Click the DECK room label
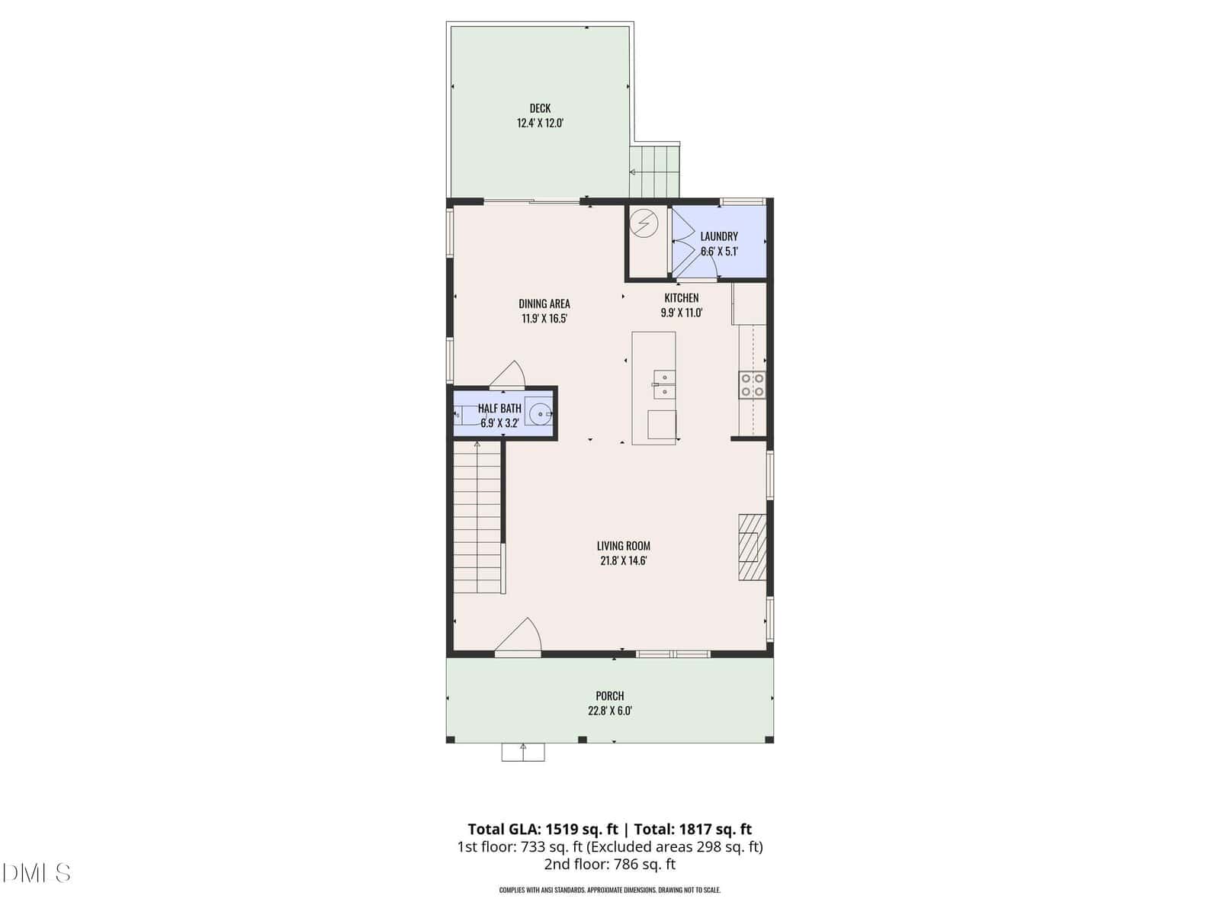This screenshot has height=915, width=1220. [x=540, y=108]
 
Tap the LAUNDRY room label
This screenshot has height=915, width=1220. [x=719, y=236]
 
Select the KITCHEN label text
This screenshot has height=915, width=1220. [x=682, y=298]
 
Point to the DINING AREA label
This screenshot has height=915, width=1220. [x=544, y=304]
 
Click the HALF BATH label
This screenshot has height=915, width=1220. [x=499, y=409]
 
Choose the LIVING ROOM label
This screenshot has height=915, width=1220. [x=624, y=546]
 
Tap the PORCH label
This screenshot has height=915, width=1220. [x=610, y=696]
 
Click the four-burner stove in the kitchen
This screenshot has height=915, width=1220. [x=752, y=384]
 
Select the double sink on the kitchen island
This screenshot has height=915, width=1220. [x=664, y=384]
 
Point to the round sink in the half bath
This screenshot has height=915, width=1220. [x=540, y=414]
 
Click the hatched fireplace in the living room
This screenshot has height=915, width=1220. [x=752, y=547]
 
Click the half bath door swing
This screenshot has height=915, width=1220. [x=508, y=374]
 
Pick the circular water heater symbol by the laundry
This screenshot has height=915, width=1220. [x=645, y=223]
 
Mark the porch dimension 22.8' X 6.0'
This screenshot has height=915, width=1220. [x=610, y=711]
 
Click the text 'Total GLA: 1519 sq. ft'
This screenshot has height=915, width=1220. [x=542, y=830]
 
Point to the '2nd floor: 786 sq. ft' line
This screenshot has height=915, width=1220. [x=610, y=865]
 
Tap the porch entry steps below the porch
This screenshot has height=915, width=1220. [x=523, y=753]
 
